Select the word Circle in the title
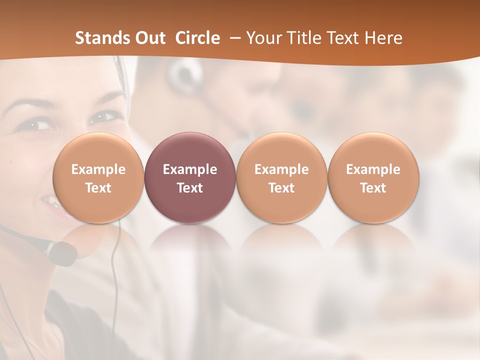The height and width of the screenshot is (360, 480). (197, 38)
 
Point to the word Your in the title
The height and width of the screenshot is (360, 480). (262, 38)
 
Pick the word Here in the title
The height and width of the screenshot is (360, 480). (383, 38)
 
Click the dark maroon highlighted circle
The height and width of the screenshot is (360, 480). (190, 178)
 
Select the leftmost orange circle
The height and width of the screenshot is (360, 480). (98, 178)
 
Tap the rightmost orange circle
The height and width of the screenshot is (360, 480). (373, 178)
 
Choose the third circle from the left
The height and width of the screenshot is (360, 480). (281, 178)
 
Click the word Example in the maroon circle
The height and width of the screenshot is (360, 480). (190, 169)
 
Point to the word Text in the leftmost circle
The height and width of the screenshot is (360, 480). (98, 188)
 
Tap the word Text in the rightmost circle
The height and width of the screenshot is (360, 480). (373, 188)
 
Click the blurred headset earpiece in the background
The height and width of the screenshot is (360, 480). (182, 75)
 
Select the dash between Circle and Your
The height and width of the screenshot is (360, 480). (233, 38)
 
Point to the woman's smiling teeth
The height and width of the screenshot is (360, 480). (50, 202)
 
